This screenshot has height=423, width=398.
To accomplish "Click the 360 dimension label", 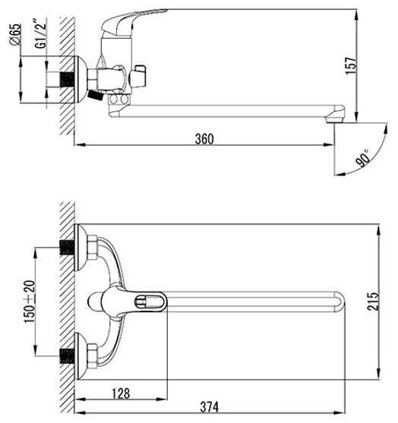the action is click(204, 139).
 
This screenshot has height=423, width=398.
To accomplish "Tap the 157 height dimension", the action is click(351, 65).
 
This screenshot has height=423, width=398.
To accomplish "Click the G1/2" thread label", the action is click(40, 33).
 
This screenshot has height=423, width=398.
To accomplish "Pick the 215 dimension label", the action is click(373, 301).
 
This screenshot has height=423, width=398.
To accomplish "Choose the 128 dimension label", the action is click(121, 393).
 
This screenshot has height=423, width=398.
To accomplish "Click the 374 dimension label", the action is click(210, 407).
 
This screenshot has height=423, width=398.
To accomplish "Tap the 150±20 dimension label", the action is click(30, 301).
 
